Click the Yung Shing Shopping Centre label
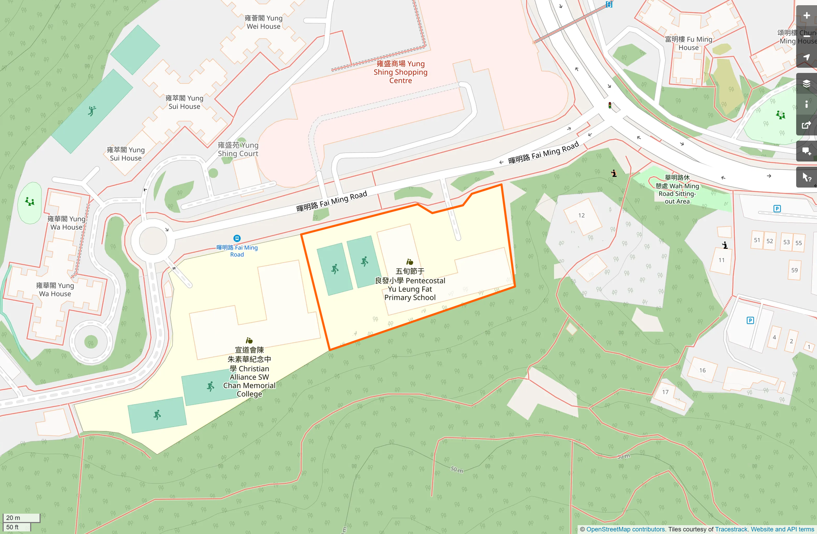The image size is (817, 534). click(x=400, y=72)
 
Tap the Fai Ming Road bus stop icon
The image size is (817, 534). click(x=237, y=238)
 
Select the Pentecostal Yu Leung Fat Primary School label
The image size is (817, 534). click(x=410, y=284)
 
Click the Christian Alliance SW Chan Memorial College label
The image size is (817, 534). click(x=249, y=372)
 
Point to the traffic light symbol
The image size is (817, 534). click(x=610, y=105)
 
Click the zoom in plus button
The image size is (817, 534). click(x=807, y=16)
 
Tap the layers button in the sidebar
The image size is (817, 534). click(x=807, y=84)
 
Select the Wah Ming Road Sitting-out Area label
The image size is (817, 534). click(x=677, y=189)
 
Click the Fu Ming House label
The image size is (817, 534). click(x=689, y=43)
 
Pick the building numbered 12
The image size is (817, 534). click(x=581, y=215)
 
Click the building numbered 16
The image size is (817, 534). click(x=702, y=370)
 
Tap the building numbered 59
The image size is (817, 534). click(x=794, y=270)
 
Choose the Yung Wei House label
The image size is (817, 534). click(x=263, y=22)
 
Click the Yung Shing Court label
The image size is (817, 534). click(x=238, y=149)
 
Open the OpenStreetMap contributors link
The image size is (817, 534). click(x=625, y=529)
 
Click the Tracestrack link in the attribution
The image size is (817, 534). click(x=731, y=529)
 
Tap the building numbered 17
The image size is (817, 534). click(x=665, y=392)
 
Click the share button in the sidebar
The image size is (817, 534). click(x=807, y=125)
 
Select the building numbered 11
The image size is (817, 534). click(x=721, y=260)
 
